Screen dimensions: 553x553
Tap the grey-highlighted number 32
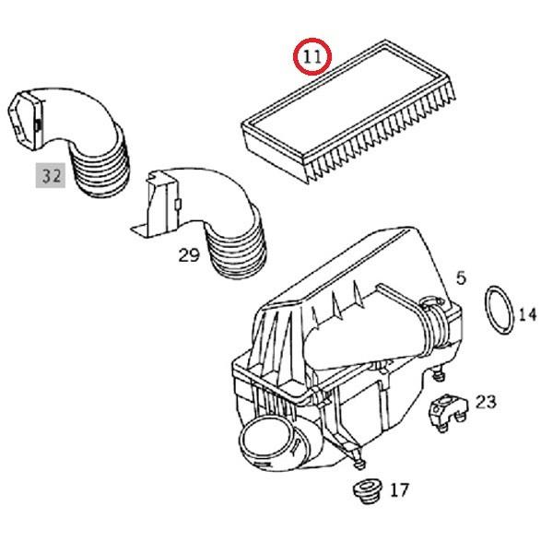(51, 175)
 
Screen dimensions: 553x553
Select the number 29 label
(188, 254)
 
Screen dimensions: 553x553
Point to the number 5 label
(461, 276)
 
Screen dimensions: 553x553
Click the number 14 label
(526, 314)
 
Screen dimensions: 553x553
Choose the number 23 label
(485, 401)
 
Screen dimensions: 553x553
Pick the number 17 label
(398, 490)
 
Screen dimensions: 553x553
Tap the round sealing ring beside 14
(500, 314)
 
